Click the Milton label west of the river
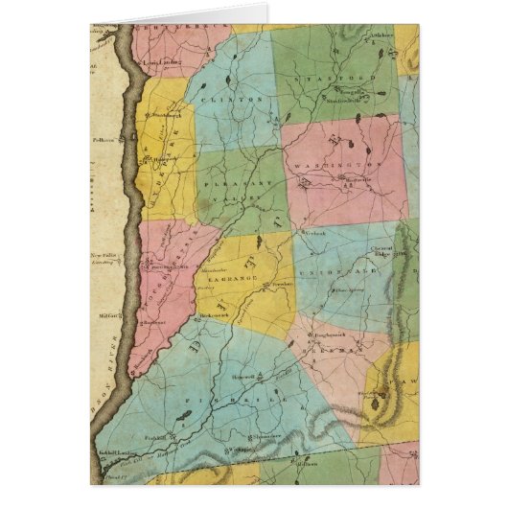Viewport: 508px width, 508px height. point(105,314)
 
